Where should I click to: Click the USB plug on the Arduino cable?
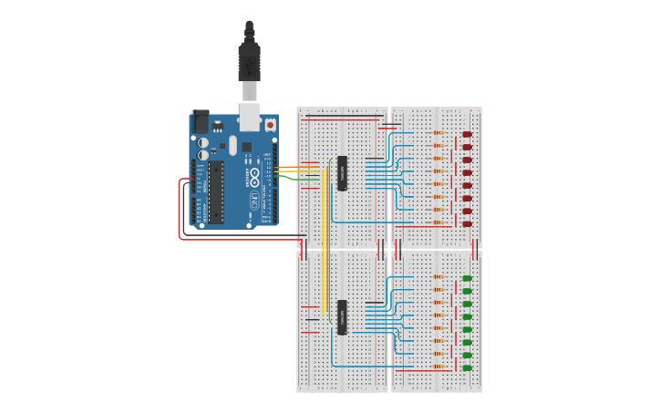click(249, 64)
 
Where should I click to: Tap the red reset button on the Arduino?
click(270, 124)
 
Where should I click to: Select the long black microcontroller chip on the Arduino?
click(216, 191)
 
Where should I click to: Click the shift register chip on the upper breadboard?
click(343, 173)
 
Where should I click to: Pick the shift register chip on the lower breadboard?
click(343, 316)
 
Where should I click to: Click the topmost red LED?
click(467, 134)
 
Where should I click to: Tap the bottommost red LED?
click(467, 223)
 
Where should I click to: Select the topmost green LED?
click(467, 278)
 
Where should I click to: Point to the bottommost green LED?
click(467, 367)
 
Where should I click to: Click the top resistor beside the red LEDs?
click(439, 133)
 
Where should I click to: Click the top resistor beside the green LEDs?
click(439, 277)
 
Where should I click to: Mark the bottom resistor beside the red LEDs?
click(439, 222)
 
